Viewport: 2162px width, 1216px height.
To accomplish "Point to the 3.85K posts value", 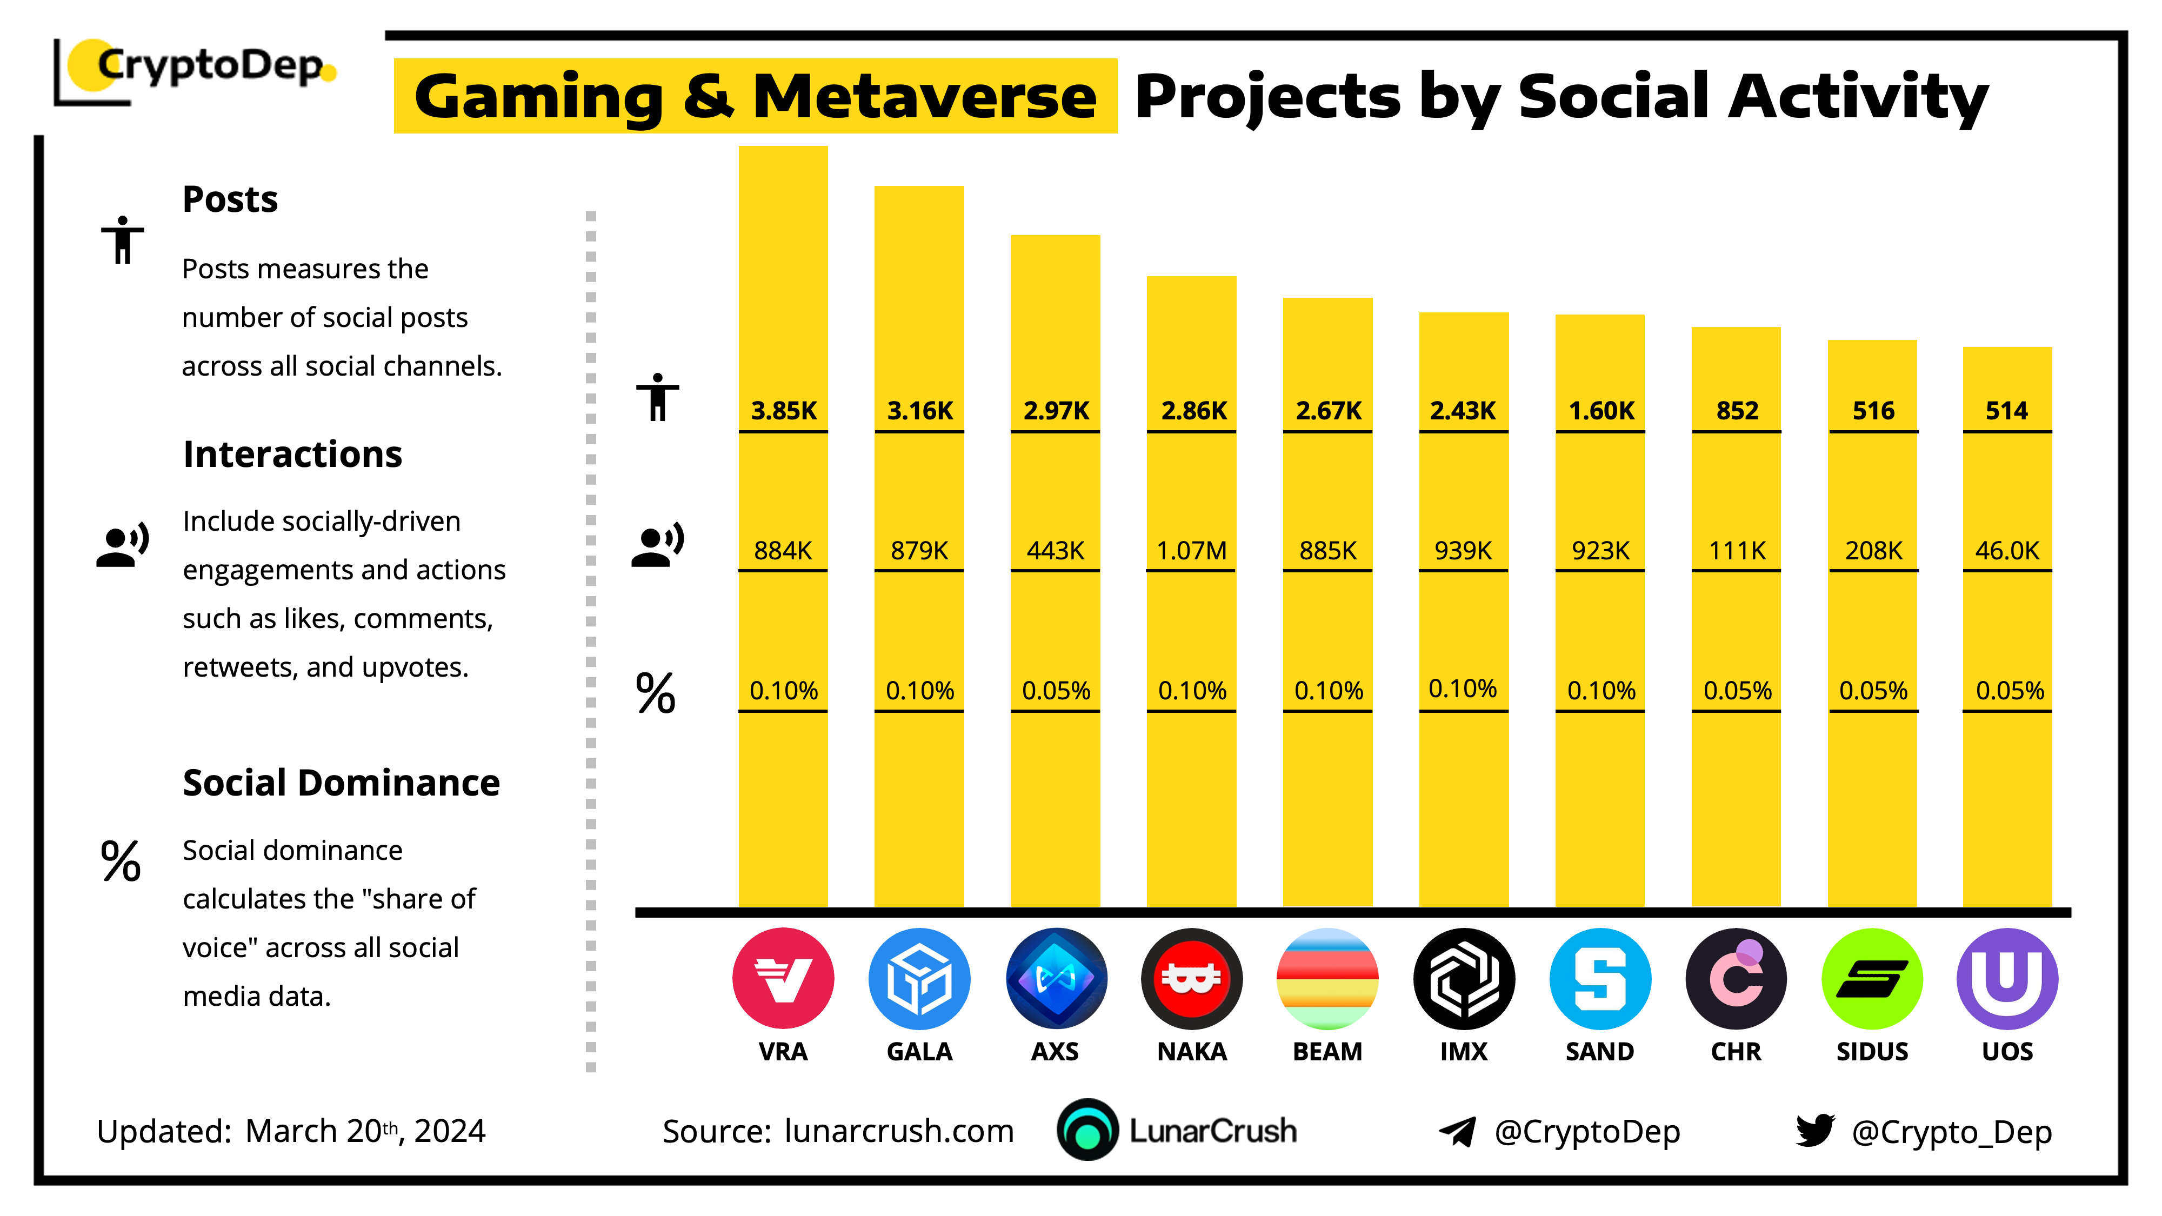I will pyautogui.click(x=783, y=410).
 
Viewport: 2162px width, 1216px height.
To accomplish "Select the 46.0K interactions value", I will pyautogui.click(x=2007, y=551).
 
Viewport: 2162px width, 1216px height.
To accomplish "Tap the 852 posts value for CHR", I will pyautogui.click(x=1737, y=410).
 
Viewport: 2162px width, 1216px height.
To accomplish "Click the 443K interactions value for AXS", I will pyautogui.click(x=1055, y=551).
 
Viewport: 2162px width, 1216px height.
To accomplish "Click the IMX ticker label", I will pyautogui.click(x=1463, y=1052).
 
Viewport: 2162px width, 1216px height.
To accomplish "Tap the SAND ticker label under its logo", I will pyautogui.click(x=1600, y=1052).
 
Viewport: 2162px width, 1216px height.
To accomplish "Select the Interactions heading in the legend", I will pyautogui.click(x=292, y=454).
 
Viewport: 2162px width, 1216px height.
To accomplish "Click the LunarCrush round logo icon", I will pyautogui.click(x=1087, y=1131).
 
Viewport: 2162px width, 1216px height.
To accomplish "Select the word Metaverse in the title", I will pyautogui.click(x=924, y=97).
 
